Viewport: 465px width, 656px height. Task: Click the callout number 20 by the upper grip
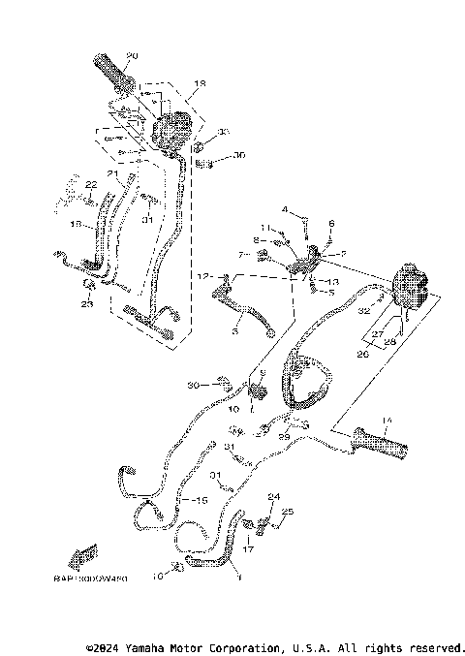(x=132, y=54)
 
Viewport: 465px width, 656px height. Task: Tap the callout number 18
(x=201, y=84)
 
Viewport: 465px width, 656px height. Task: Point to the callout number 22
(x=91, y=184)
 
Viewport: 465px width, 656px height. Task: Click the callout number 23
(x=86, y=304)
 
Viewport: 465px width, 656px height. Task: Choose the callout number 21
(x=112, y=174)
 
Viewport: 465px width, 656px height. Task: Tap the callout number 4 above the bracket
(x=286, y=209)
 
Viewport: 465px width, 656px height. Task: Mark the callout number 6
(x=330, y=223)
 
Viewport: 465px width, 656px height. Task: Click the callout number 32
(x=365, y=312)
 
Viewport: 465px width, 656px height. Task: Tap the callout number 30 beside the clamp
(x=193, y=385)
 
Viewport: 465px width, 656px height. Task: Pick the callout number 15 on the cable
(x=202, y=500)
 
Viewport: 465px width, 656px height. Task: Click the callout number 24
(x=273, y=496)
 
